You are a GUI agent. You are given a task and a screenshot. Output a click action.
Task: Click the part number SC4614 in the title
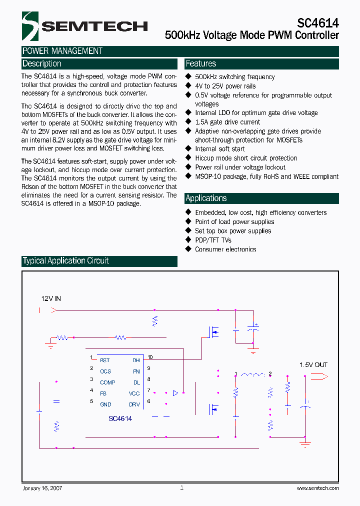point(318,23)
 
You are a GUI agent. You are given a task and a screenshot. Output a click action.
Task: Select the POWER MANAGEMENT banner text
point(62,51)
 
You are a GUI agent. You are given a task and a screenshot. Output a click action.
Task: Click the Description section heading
point(42,64)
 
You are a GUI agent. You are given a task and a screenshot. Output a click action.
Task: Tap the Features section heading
point(201,64)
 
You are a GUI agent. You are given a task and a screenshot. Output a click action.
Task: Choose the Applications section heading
point(206,198)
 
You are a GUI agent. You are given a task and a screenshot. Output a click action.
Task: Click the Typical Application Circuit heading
point(65,261)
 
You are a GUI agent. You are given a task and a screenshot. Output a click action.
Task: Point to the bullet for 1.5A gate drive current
point(188,122)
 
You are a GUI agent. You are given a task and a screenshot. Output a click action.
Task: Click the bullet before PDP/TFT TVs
point(188,240)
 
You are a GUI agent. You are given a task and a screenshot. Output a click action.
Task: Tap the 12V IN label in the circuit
point(51,298)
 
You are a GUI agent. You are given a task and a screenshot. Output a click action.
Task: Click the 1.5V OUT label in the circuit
point(313,364)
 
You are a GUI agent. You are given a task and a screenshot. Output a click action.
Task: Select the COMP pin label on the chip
point(107,382)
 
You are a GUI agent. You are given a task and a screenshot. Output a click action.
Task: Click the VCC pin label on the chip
point(134,393)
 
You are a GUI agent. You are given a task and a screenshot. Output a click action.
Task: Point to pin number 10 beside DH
point(150,357)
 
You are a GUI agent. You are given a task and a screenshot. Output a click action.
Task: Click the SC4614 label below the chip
point(120,418)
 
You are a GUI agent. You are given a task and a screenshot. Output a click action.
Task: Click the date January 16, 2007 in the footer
point(42,488)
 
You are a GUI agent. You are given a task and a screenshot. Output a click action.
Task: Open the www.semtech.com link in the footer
point(317,488)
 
